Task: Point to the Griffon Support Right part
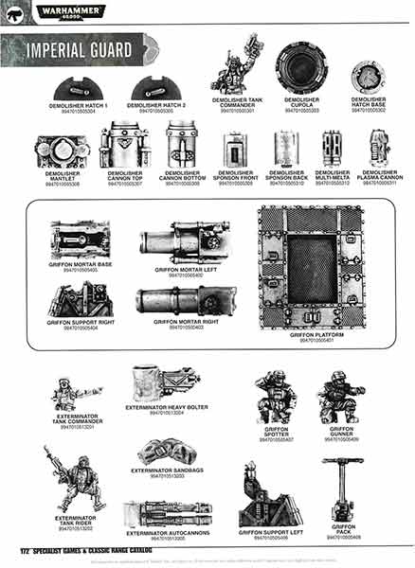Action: tap(81, 300)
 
